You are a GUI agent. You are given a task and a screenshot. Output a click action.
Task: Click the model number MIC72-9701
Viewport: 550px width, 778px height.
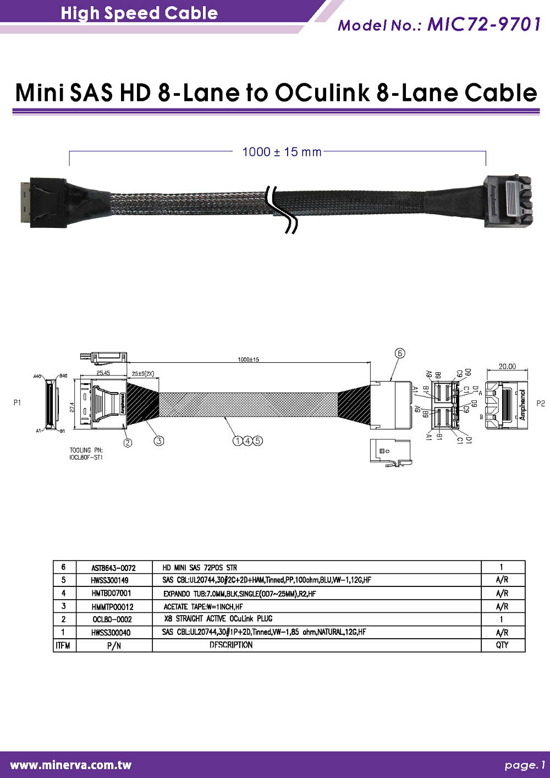click(x=483, y=25)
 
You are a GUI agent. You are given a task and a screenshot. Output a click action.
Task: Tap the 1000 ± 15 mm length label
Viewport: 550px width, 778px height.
click(x=282, y=151)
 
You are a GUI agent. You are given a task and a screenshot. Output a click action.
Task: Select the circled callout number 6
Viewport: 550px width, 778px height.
click(x=400, y=353)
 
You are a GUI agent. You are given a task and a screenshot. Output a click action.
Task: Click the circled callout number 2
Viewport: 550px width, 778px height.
click(x=128, y=442)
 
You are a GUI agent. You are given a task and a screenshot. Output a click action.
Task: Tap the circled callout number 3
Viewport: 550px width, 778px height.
click(x=158, y=440)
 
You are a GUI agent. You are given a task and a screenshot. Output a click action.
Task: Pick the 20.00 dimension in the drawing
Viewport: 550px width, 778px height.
click(x=507, y=366)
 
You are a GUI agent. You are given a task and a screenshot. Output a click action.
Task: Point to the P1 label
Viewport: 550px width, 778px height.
click(x=17, y=403)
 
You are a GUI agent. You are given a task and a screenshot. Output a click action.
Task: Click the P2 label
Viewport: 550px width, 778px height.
click(x=540, y=404)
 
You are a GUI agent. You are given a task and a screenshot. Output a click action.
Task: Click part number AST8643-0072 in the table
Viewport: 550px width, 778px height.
click(x=113, y=568)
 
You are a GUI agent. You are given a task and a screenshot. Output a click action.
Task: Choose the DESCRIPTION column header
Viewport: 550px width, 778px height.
click(x=231, y=645)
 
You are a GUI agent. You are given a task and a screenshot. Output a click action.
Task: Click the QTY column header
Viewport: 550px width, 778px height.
click(x=502, y=645)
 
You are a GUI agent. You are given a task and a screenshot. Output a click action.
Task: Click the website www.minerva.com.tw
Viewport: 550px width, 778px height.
click(x=71, y=765)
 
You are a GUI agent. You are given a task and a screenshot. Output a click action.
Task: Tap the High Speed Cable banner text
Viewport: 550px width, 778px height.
click(x=139, y=13)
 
